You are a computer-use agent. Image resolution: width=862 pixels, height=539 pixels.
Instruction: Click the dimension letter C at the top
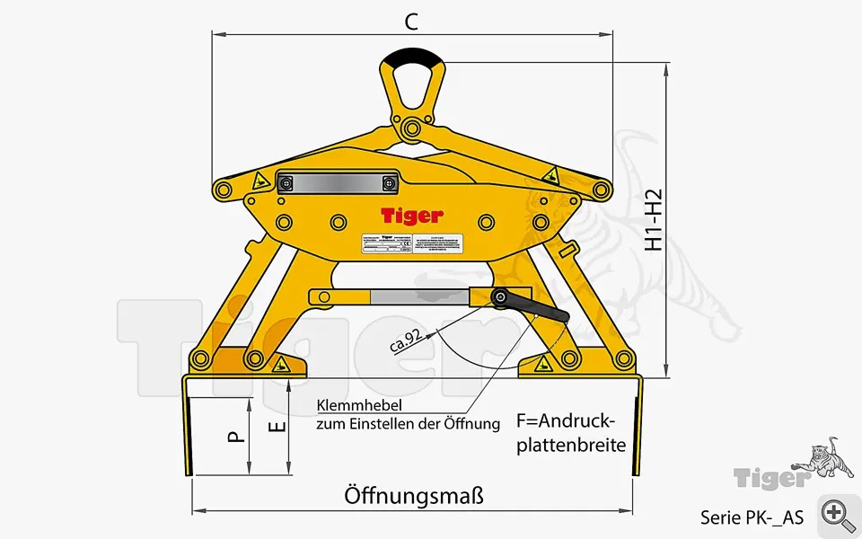point(410,22)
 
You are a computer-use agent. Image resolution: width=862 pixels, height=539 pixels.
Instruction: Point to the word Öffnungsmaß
point(414,496)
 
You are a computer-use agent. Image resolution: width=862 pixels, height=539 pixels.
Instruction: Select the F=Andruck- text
point(565,421)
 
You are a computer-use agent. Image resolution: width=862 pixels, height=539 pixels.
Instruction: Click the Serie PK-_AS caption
point(752,517)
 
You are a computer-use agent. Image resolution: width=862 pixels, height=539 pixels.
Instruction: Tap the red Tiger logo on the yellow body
point(411,216)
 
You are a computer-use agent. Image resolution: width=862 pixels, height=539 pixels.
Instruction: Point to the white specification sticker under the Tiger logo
point(386,245)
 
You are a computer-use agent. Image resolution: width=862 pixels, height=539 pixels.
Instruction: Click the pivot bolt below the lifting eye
point(412,126)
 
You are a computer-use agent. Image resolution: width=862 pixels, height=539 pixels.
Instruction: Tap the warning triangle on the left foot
point(280,365)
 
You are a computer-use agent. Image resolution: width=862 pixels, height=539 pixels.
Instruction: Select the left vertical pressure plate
point(187,427)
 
